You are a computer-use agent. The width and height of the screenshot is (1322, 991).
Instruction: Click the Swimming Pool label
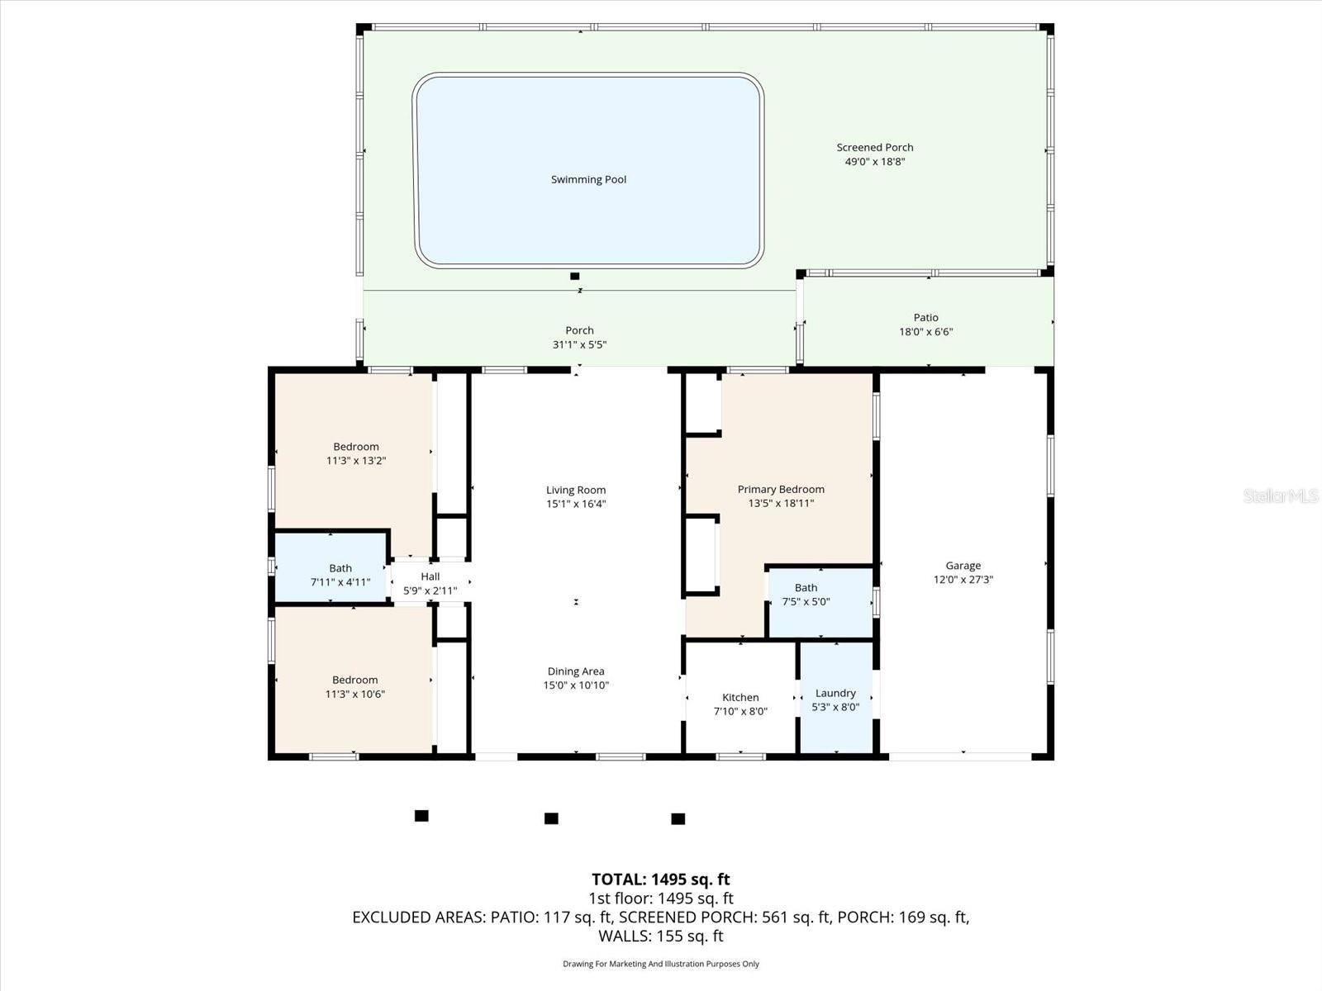[x=588, y=179]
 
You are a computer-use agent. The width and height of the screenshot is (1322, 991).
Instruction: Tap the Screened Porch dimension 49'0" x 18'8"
[x=874, y=162]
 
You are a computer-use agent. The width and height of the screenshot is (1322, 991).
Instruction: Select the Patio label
[x=925, y=317]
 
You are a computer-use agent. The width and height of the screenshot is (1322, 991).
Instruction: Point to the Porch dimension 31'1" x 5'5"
[x=579, y=344]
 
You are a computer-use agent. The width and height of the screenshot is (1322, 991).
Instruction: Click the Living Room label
[x=575, y=490]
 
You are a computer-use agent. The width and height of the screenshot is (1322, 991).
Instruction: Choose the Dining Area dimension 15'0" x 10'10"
[x=575, y=685]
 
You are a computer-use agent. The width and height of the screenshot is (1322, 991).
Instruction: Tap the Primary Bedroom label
[x=781, y=489]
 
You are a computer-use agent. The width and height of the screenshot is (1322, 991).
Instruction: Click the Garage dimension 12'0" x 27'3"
[x=963, y=580]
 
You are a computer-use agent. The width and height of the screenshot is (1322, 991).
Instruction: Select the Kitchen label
[x=740, y=697]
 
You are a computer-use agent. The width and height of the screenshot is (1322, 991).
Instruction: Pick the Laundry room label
[x=835, y=693]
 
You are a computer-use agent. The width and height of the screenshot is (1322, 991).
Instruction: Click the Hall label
[x=430, y=576]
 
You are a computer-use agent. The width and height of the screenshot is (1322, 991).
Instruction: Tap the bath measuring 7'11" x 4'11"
[x=340, y=575]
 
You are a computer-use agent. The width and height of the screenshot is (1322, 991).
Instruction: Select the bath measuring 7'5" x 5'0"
[x=806, y=595]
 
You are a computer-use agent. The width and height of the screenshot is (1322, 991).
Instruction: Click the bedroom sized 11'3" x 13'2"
[x=355, y=453]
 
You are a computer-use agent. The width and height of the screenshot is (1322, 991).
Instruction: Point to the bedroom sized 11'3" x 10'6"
[x=354, y=687]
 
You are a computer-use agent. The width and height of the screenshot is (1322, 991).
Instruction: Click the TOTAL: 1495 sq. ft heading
[x=660, y=880]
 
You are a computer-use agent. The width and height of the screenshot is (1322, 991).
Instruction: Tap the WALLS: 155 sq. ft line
[x=660, y=936]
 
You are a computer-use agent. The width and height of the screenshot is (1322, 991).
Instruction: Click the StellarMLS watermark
[x=1280, y=495]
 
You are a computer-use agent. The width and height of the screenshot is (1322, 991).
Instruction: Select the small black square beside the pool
[x=575, y=276]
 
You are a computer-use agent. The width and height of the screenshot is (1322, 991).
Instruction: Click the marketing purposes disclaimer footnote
[x=660, y=964]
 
